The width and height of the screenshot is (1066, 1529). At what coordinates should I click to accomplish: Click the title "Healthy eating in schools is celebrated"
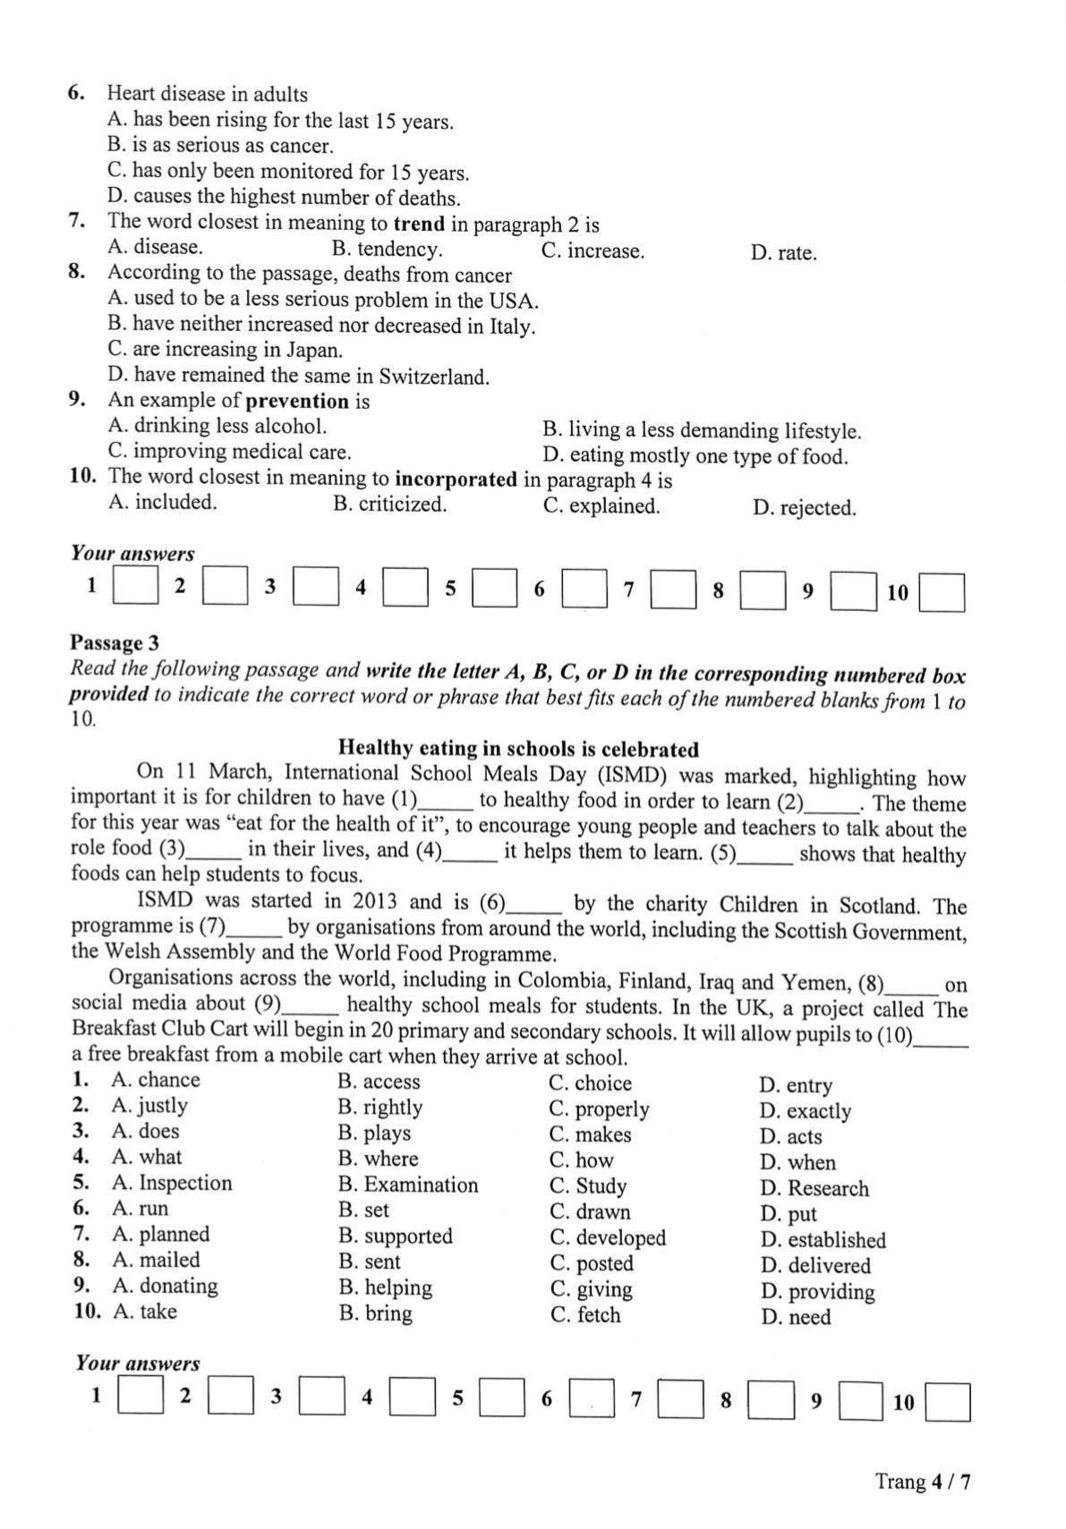(x=518, y=749)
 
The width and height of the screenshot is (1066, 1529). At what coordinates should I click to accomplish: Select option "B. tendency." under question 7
(x=387, y=250)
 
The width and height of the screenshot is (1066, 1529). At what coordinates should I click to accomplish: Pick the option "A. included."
(x=162, y=502)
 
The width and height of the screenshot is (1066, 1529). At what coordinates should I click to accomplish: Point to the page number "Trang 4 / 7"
(x=923, y=1482)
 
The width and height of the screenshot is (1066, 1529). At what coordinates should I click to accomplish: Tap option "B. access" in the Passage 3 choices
(x=379, y=1082)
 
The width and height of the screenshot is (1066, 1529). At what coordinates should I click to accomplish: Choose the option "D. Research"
(x=814, y=1189)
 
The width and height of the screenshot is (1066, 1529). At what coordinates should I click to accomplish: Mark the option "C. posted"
(x=592, y=1263)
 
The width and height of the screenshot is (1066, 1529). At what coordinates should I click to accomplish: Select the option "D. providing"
(x=817, y=1292)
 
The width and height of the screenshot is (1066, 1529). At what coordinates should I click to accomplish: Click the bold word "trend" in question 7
(x=419, y=224)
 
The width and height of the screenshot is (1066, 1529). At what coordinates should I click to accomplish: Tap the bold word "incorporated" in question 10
(x=456, y=480)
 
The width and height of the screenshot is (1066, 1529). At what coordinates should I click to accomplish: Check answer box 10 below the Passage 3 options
(x=948, y=1403)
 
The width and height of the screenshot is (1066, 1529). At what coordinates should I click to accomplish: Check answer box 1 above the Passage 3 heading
(x=135, y=588)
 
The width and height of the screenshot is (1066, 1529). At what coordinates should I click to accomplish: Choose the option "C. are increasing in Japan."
(x=225, y=350)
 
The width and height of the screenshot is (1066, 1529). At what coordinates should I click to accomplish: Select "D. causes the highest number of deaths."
(x=284, y=198)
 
